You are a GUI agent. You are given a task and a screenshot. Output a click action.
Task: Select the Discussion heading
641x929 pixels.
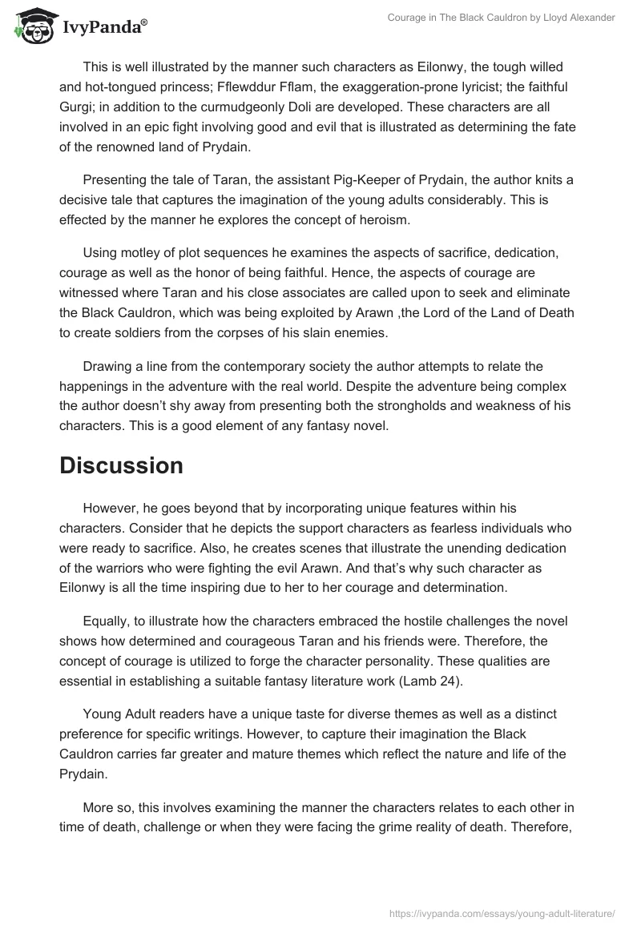[121, 465]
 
